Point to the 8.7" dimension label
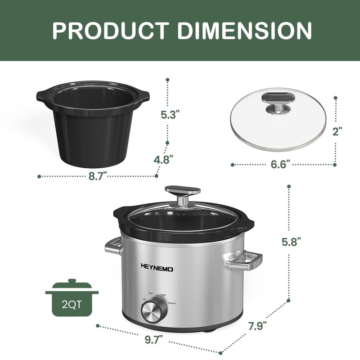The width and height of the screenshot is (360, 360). tap(97, 176)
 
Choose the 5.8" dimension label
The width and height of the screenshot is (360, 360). tap(291, 242)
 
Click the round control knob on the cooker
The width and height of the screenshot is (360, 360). tap(151, 311)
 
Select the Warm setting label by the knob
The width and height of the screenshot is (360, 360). tap(171, 304)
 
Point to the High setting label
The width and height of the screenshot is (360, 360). tap(163, 295)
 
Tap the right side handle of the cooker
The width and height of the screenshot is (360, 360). tap(244, 261)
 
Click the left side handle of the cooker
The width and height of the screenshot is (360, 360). tap(113, 246)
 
